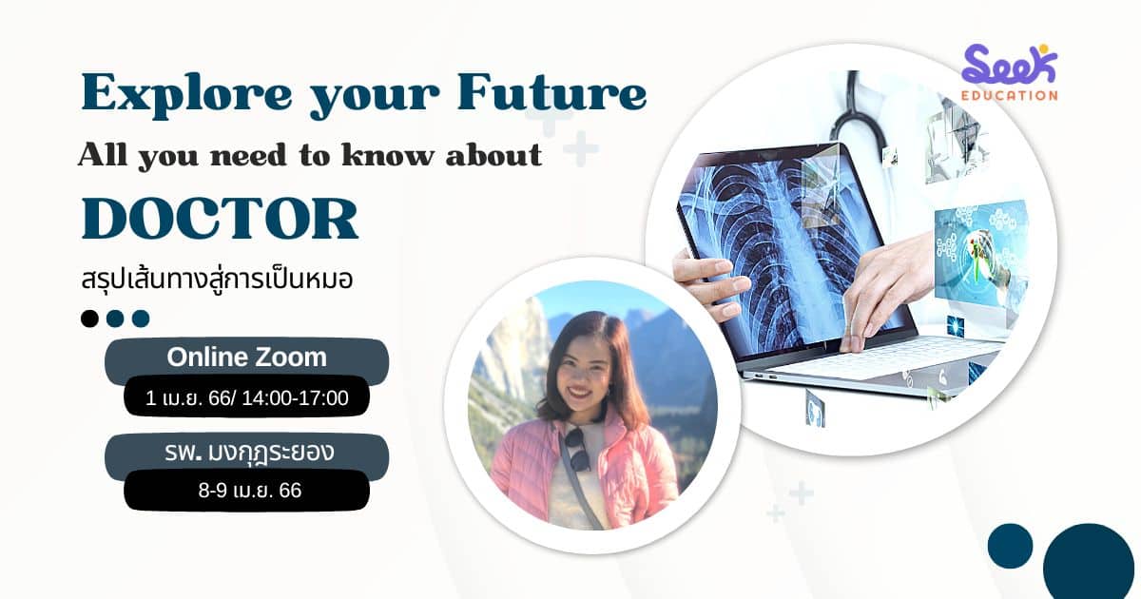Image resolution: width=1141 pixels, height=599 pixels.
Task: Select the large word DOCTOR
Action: click(220, 219)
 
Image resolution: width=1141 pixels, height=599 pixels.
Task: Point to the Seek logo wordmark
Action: click(1009, 65)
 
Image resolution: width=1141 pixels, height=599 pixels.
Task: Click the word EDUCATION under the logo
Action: click(1009, 95)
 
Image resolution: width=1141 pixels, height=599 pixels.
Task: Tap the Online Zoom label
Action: click(246, 357)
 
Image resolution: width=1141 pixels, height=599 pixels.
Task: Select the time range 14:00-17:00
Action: click(295, 398)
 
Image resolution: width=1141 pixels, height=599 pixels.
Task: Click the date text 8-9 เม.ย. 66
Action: click(249, 491)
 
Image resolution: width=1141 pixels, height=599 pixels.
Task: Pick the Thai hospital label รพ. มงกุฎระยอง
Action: click(249, 453)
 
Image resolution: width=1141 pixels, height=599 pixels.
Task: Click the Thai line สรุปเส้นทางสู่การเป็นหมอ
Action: click(217, 280)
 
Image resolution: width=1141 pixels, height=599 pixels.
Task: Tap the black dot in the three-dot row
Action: click(89, 319)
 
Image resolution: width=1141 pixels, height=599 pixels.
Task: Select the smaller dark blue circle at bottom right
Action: click(1010, 546)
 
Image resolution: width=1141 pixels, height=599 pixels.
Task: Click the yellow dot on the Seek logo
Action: click(1043, 48)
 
